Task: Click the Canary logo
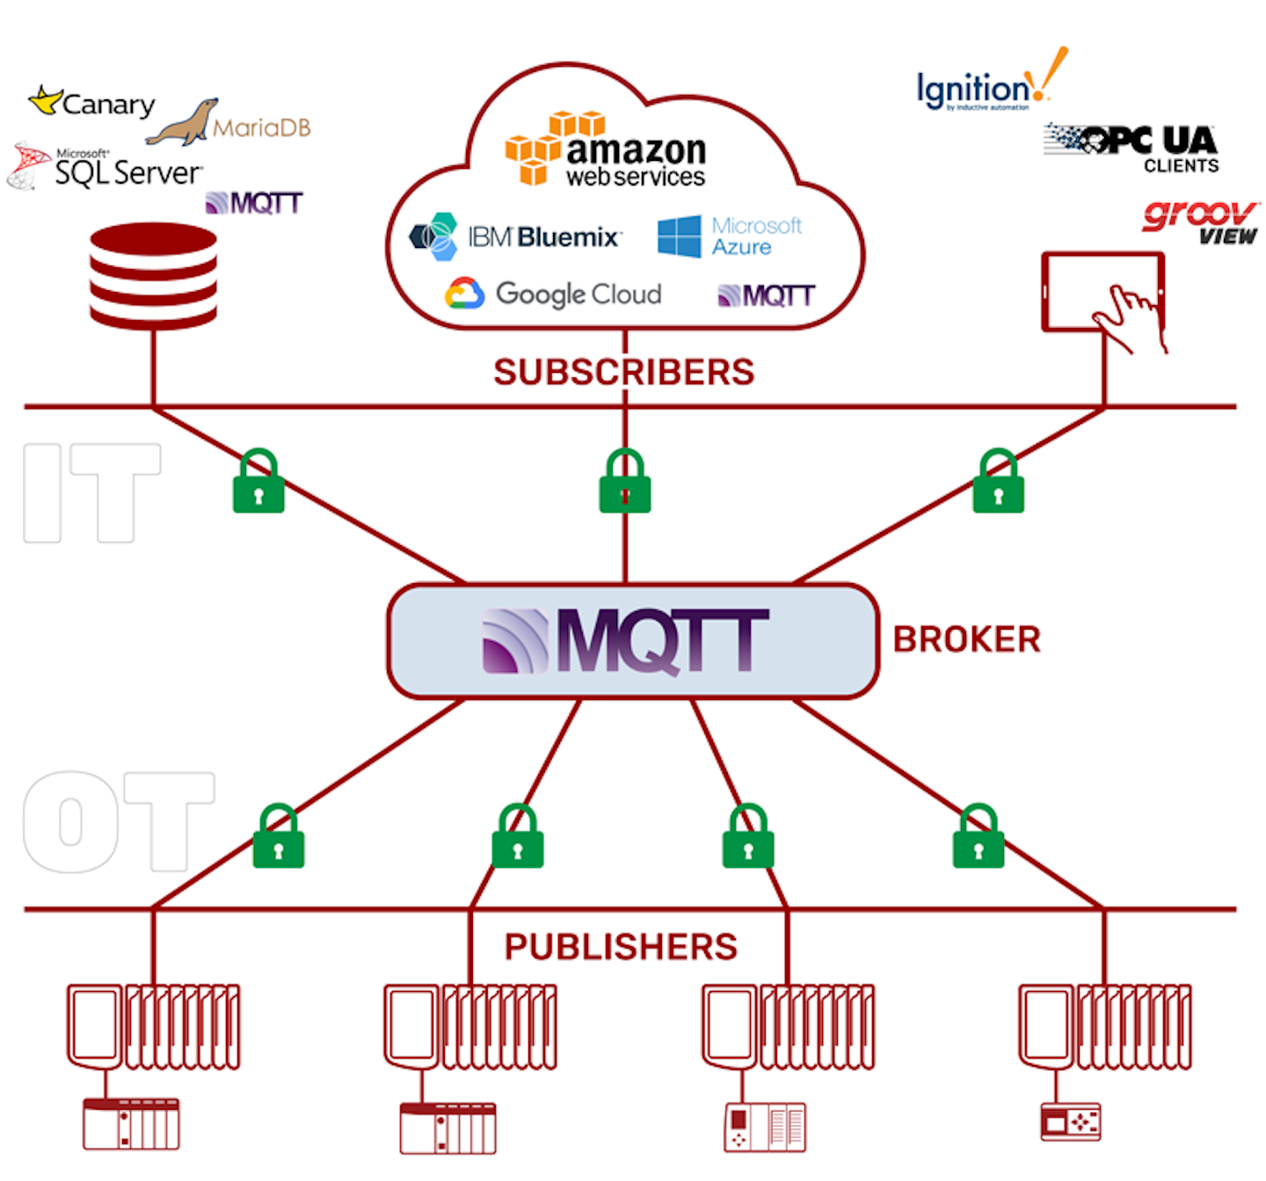coord(92,104)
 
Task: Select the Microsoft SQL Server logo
coord(105,167)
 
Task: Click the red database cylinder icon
coord(154,276)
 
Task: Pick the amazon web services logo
coord(607,150)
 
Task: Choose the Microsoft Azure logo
coord(730,237)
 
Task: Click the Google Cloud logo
coord(554,294)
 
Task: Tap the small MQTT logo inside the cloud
coord(767,295)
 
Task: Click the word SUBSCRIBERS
coord(623,372)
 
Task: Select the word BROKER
coord(966,639)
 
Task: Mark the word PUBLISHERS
coord(621,947)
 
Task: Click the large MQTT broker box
coord(633,641)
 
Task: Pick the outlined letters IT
coord(91,492)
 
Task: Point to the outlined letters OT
coord(119,821)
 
